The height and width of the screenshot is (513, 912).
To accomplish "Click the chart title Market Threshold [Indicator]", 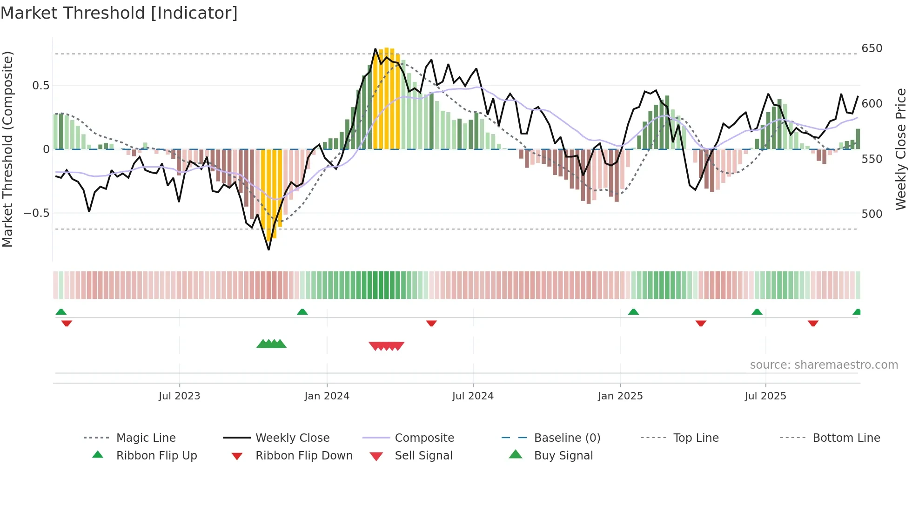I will coord(119,13).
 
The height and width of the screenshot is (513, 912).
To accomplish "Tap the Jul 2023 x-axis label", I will coord(179,396).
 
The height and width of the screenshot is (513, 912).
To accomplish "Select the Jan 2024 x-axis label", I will coord(327,396).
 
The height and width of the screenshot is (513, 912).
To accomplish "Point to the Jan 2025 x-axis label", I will coord(620,396).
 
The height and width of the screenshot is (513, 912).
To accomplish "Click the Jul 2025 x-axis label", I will coord(765,396).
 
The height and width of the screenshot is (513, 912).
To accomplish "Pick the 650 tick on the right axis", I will coord(872,48).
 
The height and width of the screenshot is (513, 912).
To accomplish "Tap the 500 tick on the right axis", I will coord(872,214).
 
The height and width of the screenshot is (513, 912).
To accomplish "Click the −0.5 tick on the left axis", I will coord(36,213).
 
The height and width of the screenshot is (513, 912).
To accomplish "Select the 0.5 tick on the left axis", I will coord(40,86).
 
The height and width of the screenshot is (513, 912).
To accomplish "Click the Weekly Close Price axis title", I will coord(901,149).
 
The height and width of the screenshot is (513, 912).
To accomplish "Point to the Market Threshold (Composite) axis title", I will coord(7,149).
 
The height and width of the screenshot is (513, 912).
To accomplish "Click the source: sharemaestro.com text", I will coord(824,365).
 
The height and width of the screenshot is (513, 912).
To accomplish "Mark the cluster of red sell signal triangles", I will coord(386,346).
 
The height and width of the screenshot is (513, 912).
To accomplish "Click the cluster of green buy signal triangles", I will coord(272,344).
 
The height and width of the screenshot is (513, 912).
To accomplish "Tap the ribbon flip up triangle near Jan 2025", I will coord(633,312).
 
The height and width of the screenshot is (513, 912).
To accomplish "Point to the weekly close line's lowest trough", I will coord(268,250).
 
